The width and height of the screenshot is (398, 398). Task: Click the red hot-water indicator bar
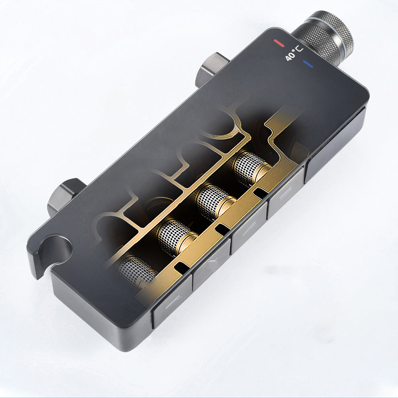coord(279,43)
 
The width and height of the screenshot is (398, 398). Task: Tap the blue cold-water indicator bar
coord(308,64)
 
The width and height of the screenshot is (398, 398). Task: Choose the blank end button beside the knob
coord(335,144)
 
